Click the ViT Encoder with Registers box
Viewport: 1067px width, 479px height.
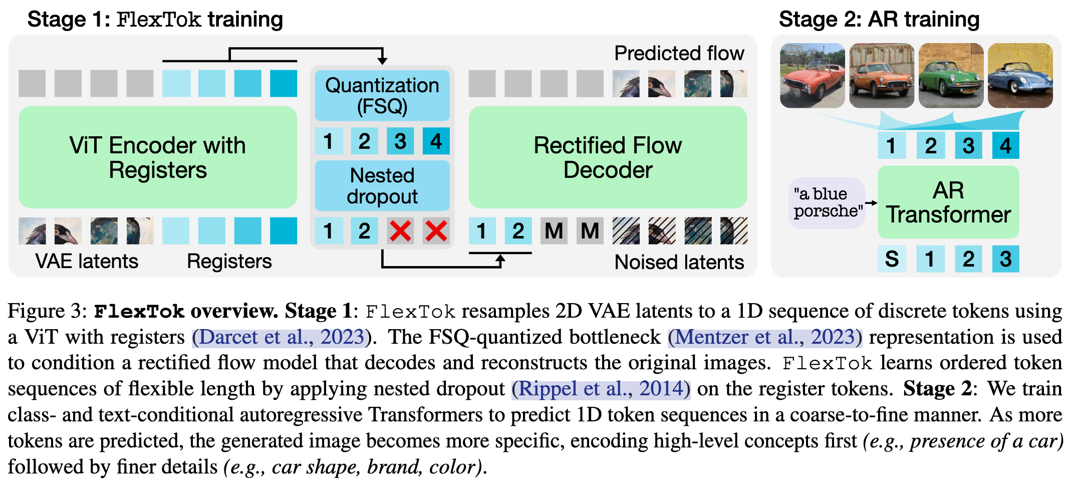[157, 157]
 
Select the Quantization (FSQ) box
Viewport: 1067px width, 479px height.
[382, 95]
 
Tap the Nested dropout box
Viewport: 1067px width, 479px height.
[382, 185]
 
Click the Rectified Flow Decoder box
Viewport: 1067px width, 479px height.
[607, 157]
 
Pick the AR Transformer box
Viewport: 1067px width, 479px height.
[948, 202]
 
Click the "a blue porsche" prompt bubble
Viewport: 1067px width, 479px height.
[827, 202]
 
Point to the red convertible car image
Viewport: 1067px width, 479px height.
[812, 76]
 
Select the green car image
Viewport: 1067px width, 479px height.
[950, 76]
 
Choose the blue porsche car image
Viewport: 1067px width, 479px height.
[1020, 76]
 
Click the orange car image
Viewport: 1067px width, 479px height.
[881, 76]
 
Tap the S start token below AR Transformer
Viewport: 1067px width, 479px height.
[892, 259]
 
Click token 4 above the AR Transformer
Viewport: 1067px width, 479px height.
[1005, 145]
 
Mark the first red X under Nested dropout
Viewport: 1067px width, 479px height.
[400, 231]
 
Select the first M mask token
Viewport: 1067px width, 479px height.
[554, 231]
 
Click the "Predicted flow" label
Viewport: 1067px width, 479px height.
[679, 53]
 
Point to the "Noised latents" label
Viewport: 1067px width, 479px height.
[679, 262]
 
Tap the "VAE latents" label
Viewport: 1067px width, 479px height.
[87, 261]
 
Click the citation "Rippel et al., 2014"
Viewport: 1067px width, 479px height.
[601, 389]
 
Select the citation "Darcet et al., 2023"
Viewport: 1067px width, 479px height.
[281, 337]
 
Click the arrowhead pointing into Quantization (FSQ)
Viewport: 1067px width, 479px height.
[382, 61]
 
